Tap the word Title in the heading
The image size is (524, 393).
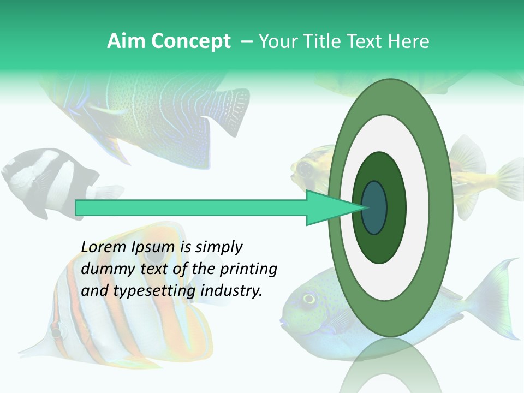pos(330,41)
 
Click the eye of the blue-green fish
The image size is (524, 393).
pos(309,299)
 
